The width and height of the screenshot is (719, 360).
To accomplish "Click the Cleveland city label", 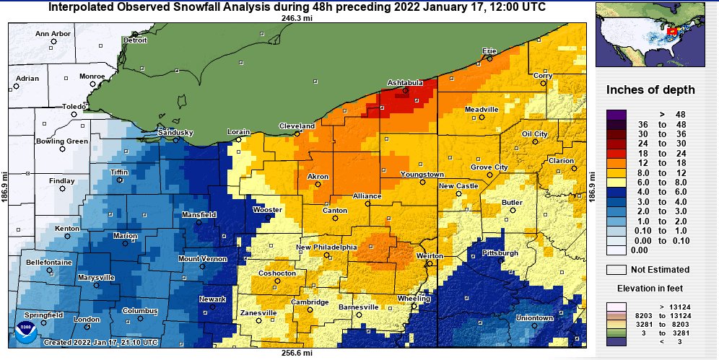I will tap(297, 126).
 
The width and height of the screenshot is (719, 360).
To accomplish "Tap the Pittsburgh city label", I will tap(499, 253).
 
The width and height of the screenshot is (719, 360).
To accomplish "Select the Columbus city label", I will tap(139, 311).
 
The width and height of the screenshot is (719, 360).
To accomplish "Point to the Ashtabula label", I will tap(405, 83).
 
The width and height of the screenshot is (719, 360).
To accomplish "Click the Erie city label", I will tap(489, 51).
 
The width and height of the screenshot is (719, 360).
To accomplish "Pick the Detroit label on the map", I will tap(135, 40).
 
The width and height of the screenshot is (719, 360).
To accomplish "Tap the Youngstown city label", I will tap(422, 175).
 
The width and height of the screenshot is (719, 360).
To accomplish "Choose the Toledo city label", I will tap(74, 106).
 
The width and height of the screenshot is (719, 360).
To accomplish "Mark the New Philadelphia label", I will tap(326, 247).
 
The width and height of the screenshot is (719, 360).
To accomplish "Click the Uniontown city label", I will tap(534, 317).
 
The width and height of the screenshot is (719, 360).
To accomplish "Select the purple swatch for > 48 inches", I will tap(616, 114).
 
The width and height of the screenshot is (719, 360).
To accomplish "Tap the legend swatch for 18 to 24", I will tap(616, 153).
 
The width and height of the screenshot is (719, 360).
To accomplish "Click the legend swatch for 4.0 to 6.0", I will tap(616, 193).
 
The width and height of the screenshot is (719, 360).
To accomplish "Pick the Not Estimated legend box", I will tap(616, 269).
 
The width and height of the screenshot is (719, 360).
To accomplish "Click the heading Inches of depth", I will tap(650, 90).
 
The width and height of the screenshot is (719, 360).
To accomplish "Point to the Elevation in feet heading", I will tap(650, 288).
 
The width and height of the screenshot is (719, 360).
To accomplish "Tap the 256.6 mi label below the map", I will tap(297, 353).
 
